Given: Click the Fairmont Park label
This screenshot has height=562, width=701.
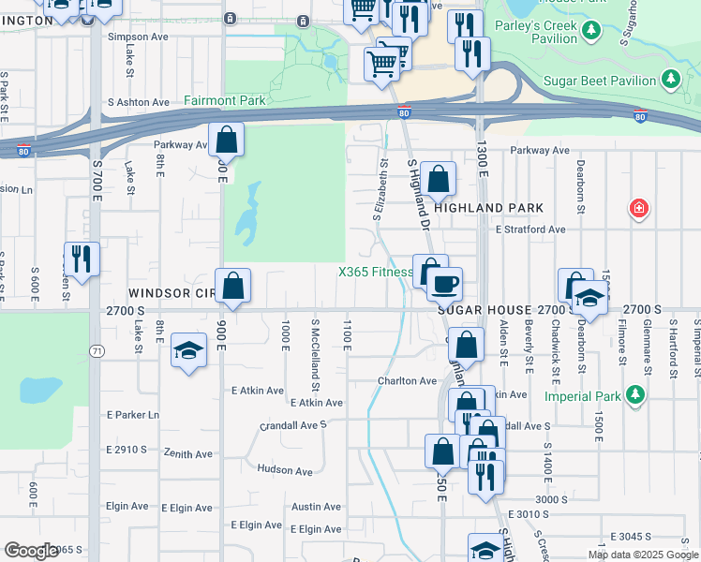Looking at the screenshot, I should (x=225, y=100).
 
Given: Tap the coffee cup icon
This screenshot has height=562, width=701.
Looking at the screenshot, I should (x=445, y=282).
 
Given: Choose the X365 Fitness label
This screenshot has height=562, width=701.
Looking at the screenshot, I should (x=375, y=273).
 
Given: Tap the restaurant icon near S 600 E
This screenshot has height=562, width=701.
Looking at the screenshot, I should (x=82, y=259).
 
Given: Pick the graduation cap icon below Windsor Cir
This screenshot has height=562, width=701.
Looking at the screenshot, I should (x=189, y=351).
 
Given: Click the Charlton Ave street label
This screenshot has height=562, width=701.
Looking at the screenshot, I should (x=407, y=381).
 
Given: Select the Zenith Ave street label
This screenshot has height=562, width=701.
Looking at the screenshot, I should (x=188, y=454).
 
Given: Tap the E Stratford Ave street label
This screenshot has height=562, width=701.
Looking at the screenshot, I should (x=530, y=229).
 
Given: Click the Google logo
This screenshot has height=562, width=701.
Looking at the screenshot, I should (x=31, y=551).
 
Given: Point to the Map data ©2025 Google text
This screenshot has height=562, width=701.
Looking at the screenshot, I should (x=642, y=555).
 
